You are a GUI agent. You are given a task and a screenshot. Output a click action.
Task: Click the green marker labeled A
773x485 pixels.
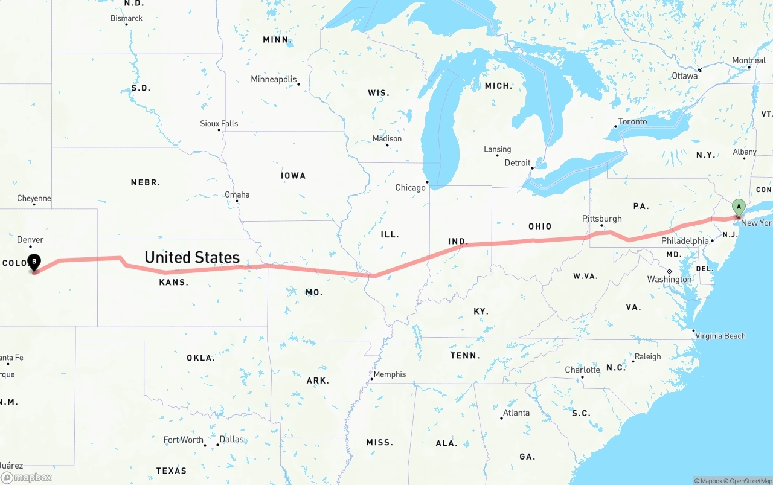(738, 207)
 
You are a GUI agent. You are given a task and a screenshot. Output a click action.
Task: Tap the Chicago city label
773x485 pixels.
(411, 188)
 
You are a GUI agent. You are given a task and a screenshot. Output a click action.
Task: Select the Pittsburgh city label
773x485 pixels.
(601, 219)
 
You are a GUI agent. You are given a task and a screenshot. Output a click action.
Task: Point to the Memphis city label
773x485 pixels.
(390, 374)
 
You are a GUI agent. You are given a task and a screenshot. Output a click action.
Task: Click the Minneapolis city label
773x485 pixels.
(274, 80)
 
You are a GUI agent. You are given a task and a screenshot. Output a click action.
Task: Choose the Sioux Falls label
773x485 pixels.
(219, 124)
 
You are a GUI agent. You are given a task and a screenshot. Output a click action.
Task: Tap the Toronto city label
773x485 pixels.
(632, 122)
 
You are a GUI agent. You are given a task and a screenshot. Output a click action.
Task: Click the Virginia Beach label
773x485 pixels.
(720, 336)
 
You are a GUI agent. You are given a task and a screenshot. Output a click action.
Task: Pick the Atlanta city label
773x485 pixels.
(516, 413)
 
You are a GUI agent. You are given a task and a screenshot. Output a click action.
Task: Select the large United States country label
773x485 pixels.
(192, 257)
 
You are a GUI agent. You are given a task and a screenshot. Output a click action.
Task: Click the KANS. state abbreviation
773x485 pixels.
(174, 283)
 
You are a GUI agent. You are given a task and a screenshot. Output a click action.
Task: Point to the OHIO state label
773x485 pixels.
(540, 226)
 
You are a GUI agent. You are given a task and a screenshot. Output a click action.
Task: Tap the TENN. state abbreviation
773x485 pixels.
(465, 356)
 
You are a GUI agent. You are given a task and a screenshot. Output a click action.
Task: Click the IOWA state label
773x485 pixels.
(293, 176)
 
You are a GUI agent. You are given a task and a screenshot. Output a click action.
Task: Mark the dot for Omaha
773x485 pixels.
(237, 201)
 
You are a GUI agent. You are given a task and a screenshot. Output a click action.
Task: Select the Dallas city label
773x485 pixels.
(231, 439)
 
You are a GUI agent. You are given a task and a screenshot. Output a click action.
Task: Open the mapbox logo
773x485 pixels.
(27, 477)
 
